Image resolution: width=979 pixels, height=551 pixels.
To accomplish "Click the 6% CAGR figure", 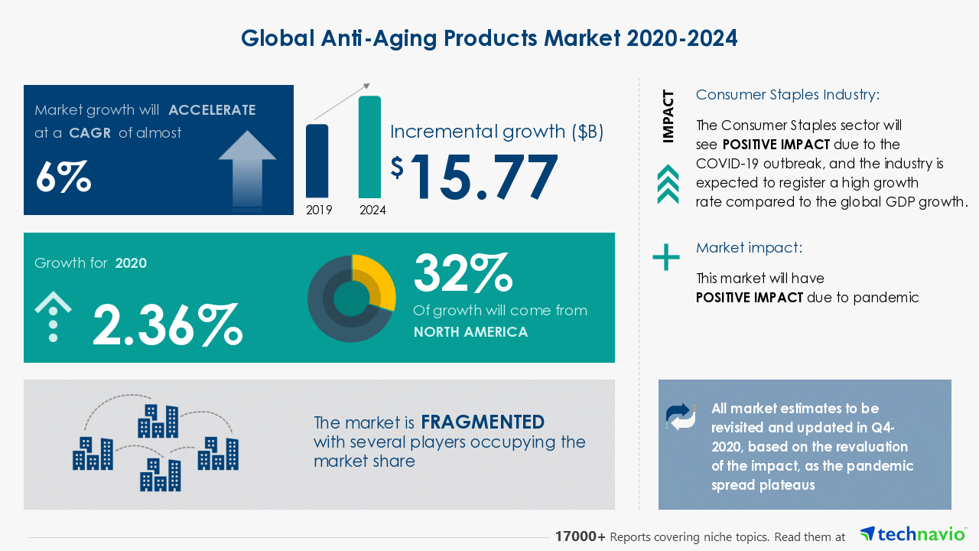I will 63,177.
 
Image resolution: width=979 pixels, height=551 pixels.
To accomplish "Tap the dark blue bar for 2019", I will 317,161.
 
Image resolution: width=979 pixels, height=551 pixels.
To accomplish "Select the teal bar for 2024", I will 369,146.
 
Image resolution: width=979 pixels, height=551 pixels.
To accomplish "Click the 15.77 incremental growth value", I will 483,178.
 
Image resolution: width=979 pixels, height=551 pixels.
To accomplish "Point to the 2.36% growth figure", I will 168,324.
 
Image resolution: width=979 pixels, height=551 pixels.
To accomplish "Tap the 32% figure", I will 461,273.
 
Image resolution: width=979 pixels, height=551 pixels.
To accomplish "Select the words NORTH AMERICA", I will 470,332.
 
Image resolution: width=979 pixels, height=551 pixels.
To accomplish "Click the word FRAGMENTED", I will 483,422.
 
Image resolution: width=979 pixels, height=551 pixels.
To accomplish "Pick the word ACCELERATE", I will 212,110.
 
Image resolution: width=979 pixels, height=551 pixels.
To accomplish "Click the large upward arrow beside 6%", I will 247,168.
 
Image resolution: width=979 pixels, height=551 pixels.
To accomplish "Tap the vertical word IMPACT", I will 668,116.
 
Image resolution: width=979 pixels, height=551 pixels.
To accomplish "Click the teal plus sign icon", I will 666,257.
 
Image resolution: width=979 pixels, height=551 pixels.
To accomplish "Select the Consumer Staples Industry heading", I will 788,95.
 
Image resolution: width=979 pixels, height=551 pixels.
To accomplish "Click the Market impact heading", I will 749,248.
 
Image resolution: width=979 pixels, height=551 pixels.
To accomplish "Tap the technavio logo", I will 913,534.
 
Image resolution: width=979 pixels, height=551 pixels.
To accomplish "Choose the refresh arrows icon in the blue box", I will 681,416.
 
